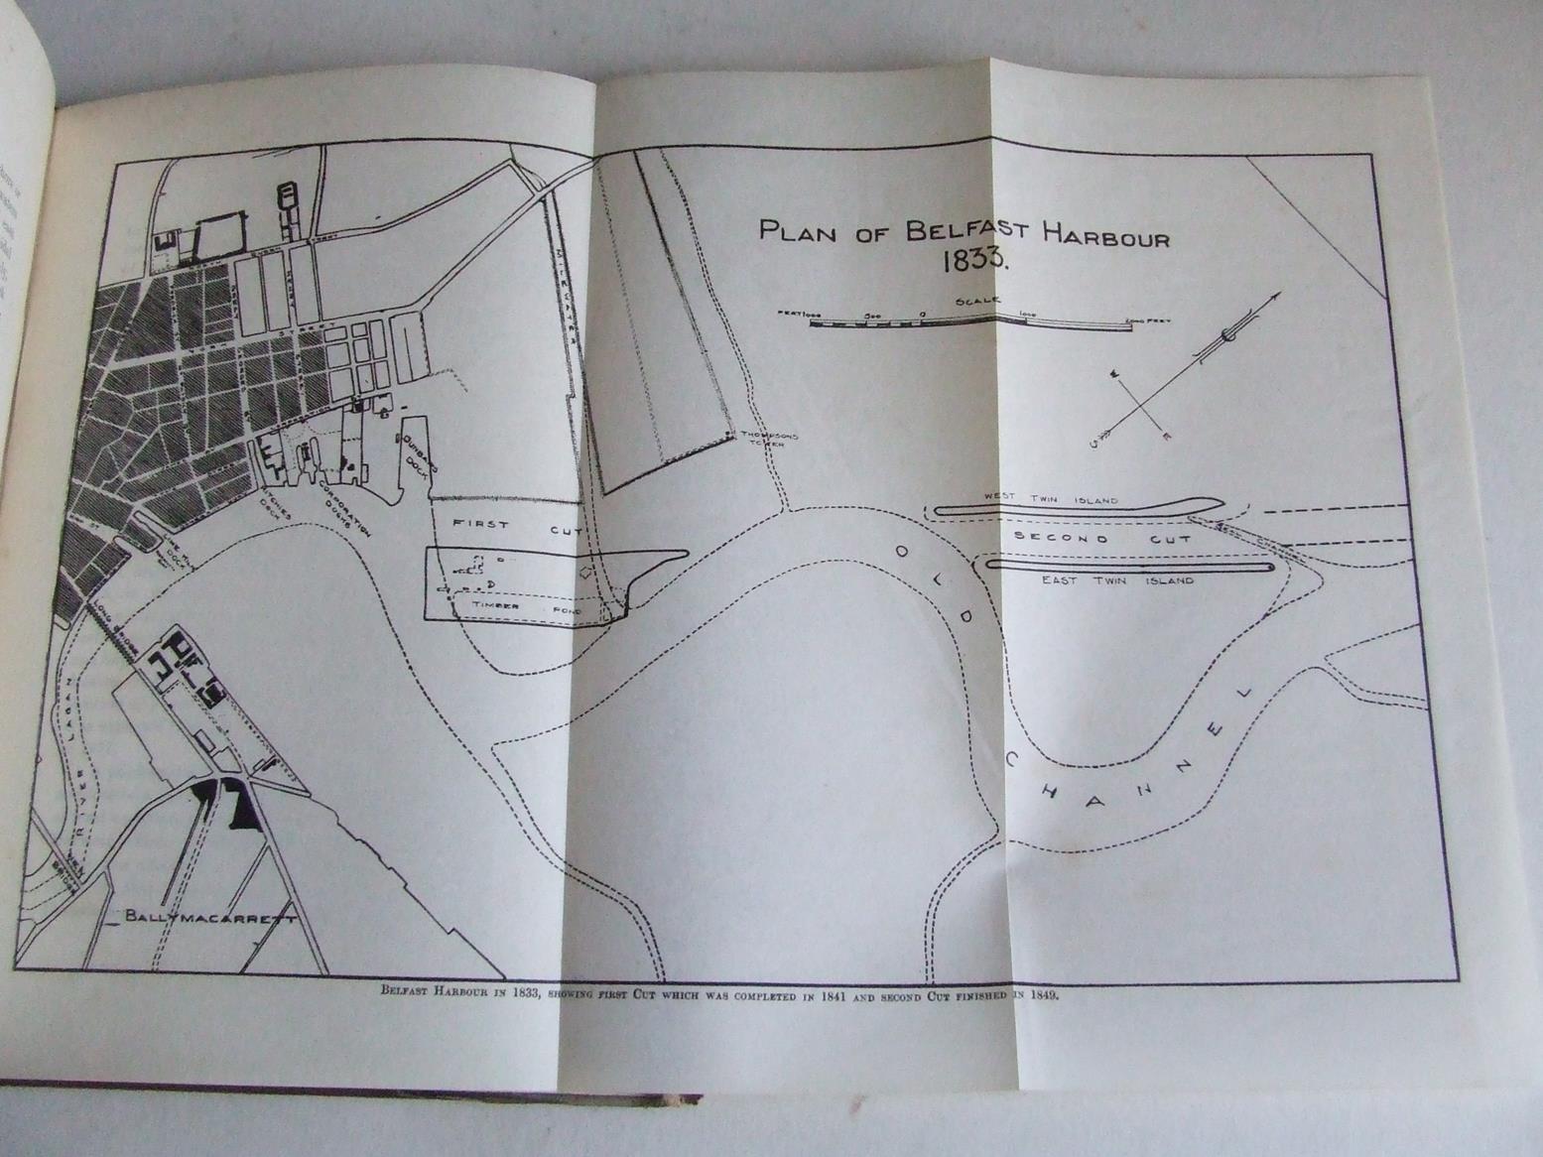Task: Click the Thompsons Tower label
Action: click(773, 440)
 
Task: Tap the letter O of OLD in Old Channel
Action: click(902, 551)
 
